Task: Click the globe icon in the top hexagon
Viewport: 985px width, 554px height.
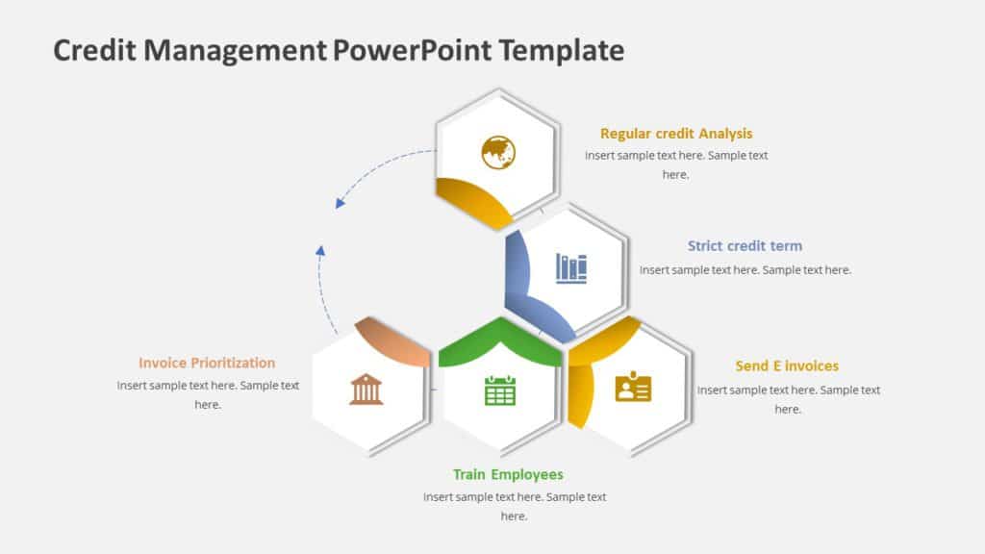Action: point(498,152)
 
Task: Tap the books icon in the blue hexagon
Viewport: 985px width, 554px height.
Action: point(571,267)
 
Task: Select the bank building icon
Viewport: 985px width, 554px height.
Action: point(366,389)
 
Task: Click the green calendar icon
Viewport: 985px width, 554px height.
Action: point(500,390)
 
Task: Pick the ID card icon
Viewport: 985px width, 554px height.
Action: point(633,387)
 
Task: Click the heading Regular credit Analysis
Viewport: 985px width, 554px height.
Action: point(676,134)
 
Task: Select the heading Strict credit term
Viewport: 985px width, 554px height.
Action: point(745,246)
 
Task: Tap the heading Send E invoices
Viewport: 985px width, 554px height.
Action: point(787,365)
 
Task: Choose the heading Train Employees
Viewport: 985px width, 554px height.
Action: point(508,474)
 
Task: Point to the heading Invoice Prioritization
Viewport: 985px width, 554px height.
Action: point(207,363)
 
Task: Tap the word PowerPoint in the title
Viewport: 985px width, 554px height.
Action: point(411,50)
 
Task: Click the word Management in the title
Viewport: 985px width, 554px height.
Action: point(235,50)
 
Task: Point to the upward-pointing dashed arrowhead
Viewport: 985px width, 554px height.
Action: point(320,251)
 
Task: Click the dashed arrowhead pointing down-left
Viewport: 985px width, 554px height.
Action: point(340,203)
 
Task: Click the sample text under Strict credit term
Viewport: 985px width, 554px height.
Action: point(745,270)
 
